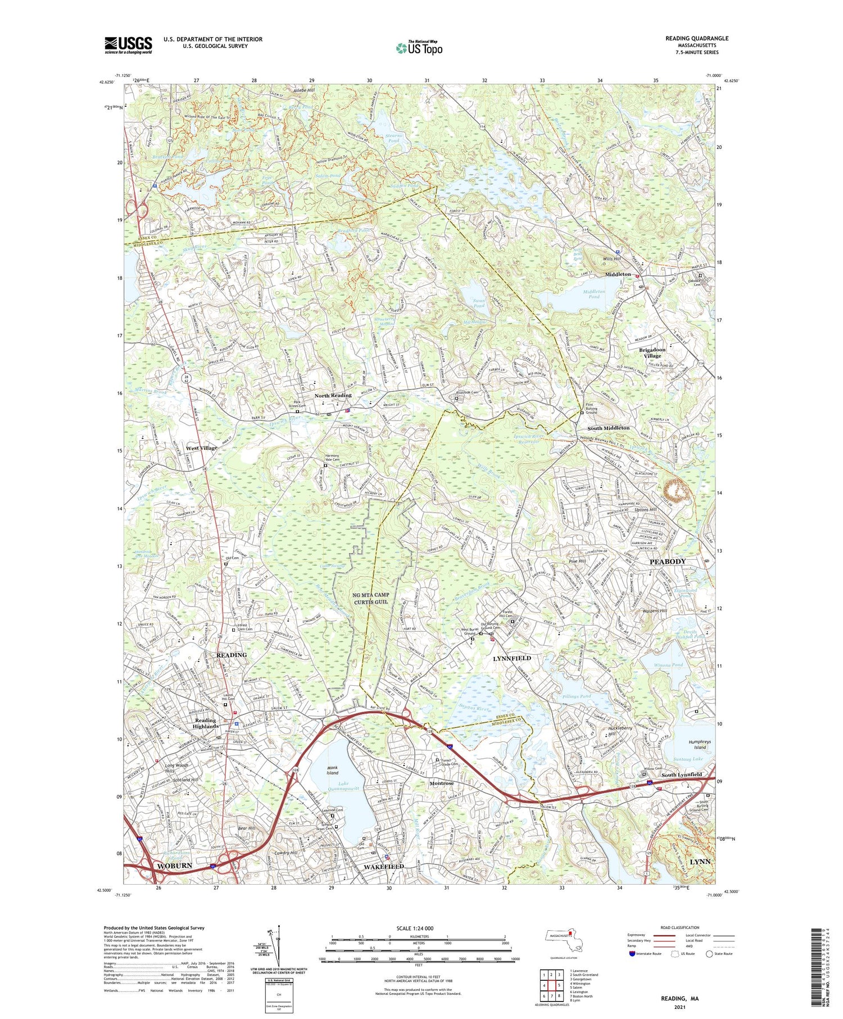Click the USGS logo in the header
(x=128, y=45)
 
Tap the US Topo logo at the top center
(x=419, y=48)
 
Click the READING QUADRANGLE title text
(x=696, y=38)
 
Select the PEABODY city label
(x=668, y=561)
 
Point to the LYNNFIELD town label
(x=511, y=658)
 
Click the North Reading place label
(x=333, y=396)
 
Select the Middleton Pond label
(x=594, y=294)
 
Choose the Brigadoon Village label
(x=652, y=352)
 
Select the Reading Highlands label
(x=205, y=723)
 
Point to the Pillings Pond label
(x=576, y=696)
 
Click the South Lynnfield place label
(x=681, y=775)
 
